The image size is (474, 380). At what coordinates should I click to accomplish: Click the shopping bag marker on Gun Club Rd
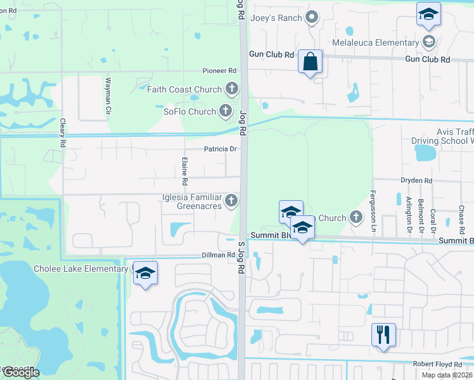(310, 62)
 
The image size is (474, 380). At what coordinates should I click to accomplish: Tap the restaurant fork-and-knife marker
(383, 334)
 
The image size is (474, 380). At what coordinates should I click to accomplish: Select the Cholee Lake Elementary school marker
(145, 273)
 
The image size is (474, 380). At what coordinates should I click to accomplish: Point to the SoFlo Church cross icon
(226, 111)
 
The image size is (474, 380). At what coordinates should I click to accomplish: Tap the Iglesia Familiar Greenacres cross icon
(232, 201)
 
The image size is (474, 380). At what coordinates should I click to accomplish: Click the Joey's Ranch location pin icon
(311, 17)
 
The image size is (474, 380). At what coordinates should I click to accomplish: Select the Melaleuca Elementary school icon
(428, 42)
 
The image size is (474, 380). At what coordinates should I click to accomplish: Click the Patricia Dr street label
(220, 149)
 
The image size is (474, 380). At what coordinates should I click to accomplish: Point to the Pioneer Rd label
(219, 71)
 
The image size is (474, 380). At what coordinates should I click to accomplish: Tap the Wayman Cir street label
(108, 96)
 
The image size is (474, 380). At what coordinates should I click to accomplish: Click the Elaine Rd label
(184, 171)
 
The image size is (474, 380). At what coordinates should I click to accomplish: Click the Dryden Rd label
(416, 180)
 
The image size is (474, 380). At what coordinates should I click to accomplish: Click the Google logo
(20, 372)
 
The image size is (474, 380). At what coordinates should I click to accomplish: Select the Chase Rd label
(462, 218)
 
